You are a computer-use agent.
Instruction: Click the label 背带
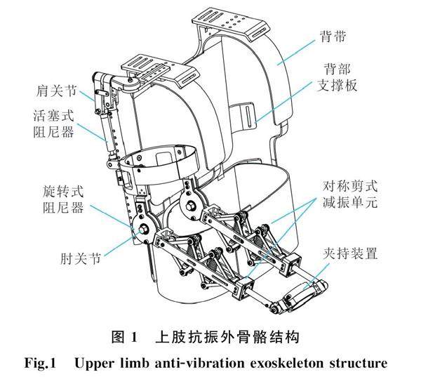pos(340,34)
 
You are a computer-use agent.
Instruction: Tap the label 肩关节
pos(58,91)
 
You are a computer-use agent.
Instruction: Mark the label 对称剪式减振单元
pos(349,196)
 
